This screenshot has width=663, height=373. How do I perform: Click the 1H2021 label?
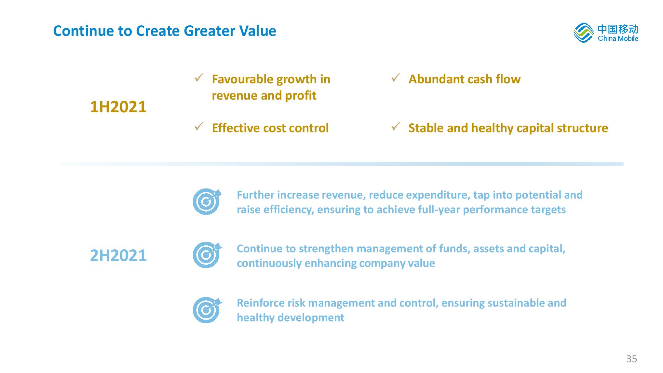(118, 107)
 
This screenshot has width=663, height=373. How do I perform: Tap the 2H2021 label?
(118, 256)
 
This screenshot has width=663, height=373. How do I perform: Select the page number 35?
(631, 359)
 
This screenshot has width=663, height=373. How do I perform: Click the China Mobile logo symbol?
(583, 33)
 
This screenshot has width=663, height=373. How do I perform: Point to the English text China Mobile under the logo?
(618, 39)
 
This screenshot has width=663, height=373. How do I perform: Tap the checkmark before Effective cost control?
(199, 126)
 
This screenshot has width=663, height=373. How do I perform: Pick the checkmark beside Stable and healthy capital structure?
(396, 126)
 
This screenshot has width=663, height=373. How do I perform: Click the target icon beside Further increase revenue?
(207, 201)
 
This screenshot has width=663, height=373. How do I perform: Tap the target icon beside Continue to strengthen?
(207, 255)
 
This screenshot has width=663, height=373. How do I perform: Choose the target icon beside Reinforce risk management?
(207, 310)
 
